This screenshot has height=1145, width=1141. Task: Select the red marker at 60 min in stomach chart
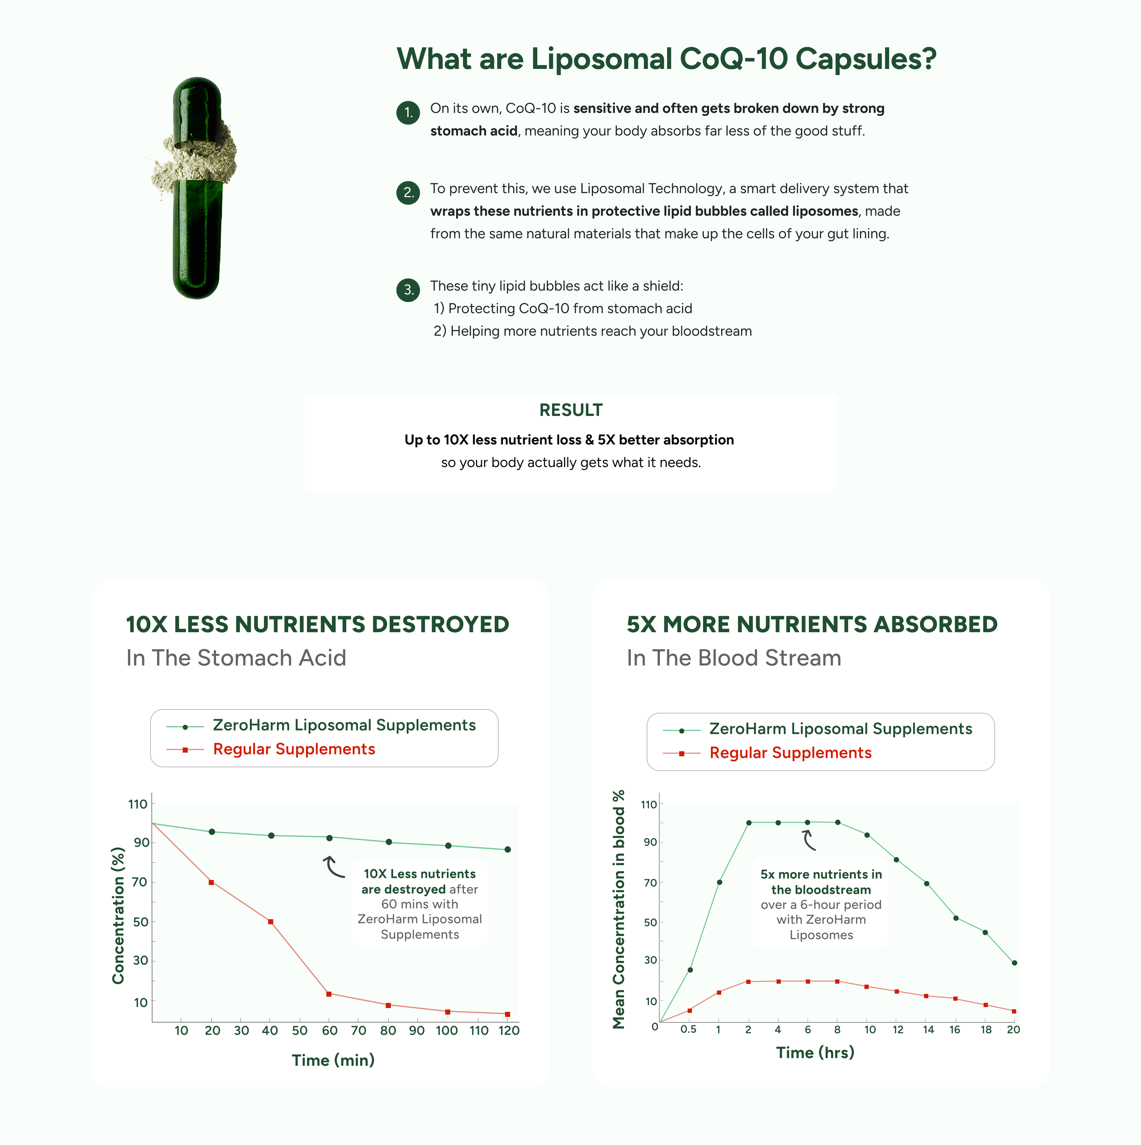coord(329,994)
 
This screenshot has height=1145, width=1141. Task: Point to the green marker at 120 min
coord(508,849)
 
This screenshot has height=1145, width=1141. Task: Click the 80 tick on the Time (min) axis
coord(388,1031)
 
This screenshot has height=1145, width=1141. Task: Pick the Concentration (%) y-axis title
coord(119,916)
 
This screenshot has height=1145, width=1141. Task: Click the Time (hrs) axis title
coord(815,1053)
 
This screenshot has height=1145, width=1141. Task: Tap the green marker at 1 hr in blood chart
coord(719,882)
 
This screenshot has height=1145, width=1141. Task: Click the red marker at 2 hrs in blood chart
coord(748,982)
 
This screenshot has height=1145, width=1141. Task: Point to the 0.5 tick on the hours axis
coord(688,1029)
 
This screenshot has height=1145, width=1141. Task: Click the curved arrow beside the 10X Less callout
coord(334,866)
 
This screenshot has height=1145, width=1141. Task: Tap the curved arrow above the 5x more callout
coord(809,840)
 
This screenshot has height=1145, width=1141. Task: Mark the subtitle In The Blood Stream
coord(734,658)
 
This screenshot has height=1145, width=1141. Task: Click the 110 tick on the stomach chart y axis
coord(138,804)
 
